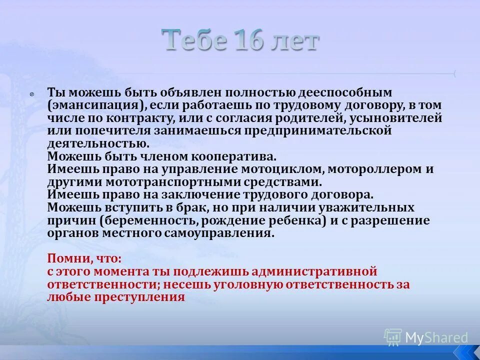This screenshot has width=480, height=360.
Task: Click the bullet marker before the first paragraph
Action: pyautogui.click(x=31, y=93)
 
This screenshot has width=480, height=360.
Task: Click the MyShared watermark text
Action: pyautogui.click(x=436, y=337)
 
